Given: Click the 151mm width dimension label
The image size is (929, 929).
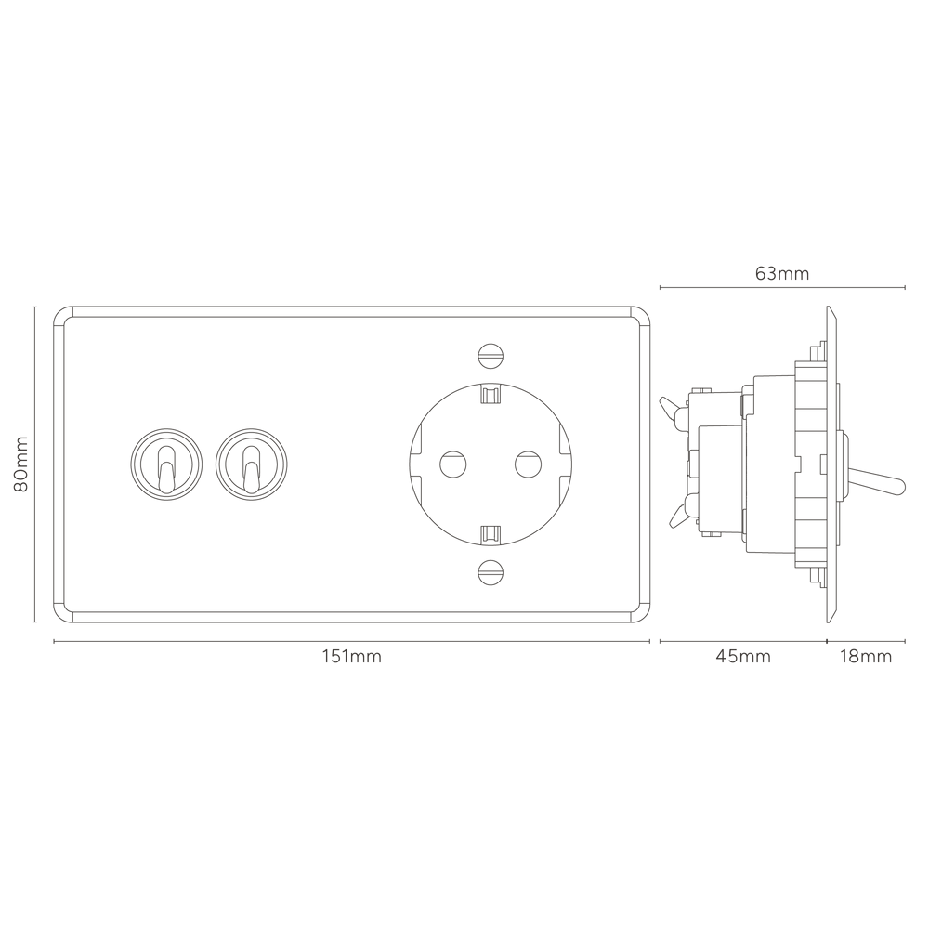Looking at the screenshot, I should coord(351,657).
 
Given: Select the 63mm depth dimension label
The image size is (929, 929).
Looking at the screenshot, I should coord(781,273).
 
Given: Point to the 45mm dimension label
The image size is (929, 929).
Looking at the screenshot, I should coord(742,657).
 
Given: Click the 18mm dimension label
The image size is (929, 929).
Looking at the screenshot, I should coord(865,657).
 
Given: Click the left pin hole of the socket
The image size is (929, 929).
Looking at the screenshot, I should coord(452,462).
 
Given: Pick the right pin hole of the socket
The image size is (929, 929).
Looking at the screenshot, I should coord(527,462).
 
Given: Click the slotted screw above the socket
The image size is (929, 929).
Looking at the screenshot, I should coord(490,353).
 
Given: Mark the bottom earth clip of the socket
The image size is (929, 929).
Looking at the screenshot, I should coord(490,532).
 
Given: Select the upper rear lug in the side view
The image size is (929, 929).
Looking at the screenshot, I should coord(671,406).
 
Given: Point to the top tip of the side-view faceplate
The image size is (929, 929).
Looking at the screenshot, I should coord(831,311).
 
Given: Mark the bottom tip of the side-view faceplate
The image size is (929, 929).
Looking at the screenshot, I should coord(831,617).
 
